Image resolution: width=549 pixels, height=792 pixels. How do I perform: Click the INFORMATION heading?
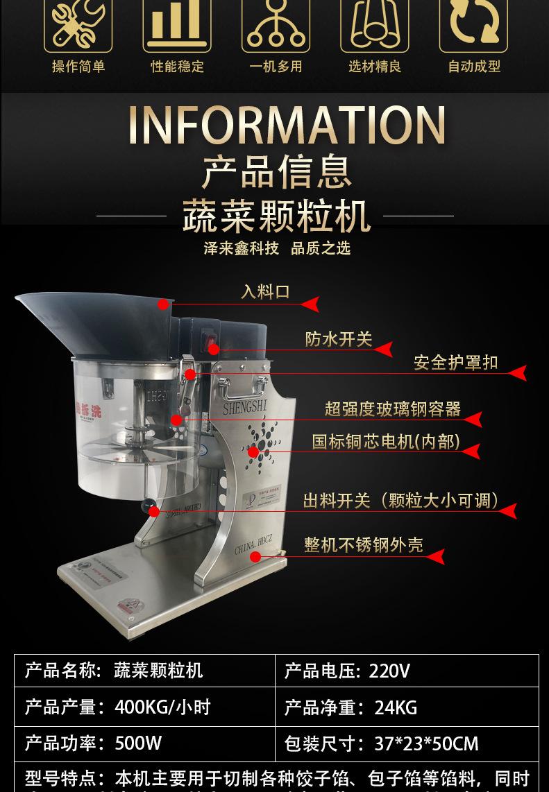click(x=287, y=126)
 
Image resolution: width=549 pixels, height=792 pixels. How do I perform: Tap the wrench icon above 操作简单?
click(x=78, y=24)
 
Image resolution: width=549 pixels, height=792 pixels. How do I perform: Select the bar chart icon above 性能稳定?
click(x=176, y=24)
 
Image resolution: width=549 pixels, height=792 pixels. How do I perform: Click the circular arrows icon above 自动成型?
click(x=473, y=24)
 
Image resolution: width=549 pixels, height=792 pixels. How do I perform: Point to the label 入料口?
click(x=265, y=292)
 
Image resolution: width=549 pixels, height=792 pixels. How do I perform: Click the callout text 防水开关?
click(x=339, y=339)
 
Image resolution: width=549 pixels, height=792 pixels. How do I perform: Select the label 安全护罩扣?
click(x=455, y=363)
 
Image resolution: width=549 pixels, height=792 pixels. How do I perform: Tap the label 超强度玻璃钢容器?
click(x=393, y=409)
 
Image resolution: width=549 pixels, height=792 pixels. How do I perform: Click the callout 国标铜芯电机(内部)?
click(x=386, y=442)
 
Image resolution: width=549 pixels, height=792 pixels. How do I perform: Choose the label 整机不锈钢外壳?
click(x=363, y=545)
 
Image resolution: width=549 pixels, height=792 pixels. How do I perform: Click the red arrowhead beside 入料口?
click(x=311, y=304)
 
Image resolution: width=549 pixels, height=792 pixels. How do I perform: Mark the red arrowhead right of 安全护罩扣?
click(x=517, y=373)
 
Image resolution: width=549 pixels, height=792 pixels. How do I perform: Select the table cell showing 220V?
click(x=407, y=671)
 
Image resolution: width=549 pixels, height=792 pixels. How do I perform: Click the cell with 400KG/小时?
click(x=144, y=707)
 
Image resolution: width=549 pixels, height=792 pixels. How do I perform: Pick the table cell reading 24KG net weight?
click(x=407, y=707)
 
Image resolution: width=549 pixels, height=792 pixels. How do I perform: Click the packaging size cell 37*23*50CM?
click(x=407, y=744)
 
